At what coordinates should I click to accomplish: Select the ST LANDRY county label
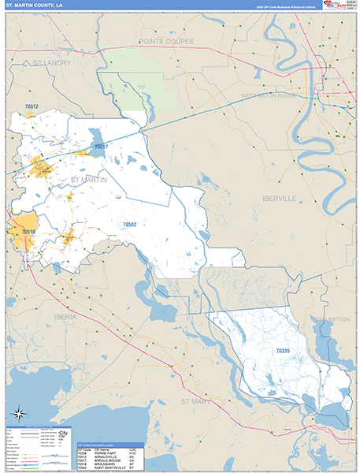tap(51, 62)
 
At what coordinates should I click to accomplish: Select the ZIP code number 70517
tap(100, 147)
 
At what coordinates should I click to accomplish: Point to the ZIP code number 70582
tap(129, 225)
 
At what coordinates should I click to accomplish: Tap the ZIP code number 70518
tap(28, 232)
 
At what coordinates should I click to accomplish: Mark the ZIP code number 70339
tap(282, 349)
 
